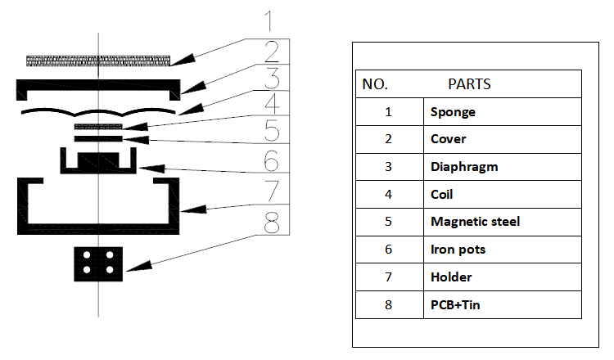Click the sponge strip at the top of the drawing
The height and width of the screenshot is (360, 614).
pos(98,61)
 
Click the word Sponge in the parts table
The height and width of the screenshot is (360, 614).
pos(453,111)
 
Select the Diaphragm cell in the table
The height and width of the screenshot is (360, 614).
pos(464,166)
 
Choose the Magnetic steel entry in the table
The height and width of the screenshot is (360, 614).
pos(475,222)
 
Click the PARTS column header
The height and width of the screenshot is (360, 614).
pos(469,84)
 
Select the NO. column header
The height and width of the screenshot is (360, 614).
pos(375,84)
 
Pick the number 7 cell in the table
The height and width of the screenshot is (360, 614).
pos(389,277)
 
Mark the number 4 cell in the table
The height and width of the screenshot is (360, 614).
pos(389,194)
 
